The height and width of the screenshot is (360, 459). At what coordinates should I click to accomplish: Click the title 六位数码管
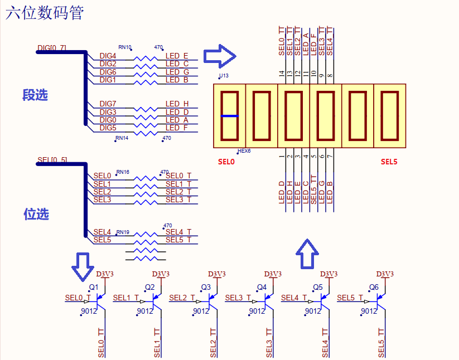45,13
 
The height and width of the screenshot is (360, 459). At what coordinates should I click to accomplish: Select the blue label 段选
35,95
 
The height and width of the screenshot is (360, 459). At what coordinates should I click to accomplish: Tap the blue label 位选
36,213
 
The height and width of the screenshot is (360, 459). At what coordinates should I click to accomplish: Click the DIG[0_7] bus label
52,48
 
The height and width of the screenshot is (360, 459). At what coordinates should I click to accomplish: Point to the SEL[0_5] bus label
52,160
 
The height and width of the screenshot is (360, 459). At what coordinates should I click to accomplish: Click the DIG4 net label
108,56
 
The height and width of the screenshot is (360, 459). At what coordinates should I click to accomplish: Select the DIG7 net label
108,104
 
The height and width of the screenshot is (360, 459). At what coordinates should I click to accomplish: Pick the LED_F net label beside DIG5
177,128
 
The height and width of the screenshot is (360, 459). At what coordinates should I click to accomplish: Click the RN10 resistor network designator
124,48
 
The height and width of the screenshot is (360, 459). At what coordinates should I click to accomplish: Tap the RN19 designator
123,232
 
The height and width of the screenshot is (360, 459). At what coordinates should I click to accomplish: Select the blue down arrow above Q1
84,266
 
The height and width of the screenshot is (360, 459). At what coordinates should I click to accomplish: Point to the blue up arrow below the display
307,254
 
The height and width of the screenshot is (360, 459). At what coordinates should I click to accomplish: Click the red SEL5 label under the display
389,162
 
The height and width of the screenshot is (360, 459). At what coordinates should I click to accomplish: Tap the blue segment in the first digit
230,116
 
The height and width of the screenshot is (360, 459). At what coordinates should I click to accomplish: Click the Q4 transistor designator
262,288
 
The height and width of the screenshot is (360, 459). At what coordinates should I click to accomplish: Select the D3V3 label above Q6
384,274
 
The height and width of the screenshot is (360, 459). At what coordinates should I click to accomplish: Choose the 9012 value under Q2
144,312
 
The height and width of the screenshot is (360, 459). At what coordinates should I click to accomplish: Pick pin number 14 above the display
282,73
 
